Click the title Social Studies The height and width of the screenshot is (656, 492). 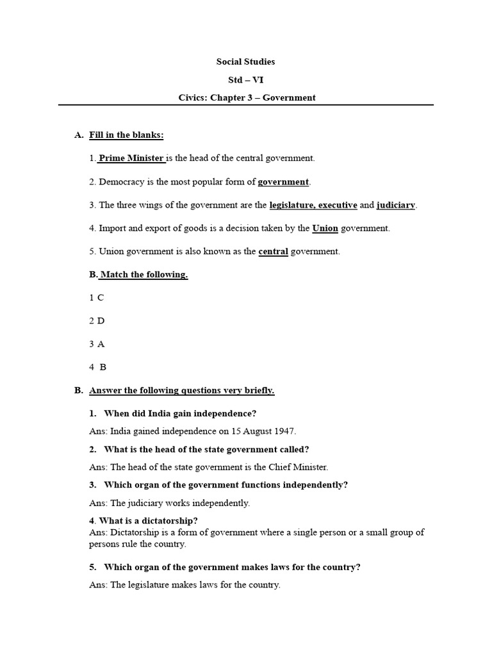[246, 62]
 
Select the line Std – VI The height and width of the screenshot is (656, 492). [246, 80]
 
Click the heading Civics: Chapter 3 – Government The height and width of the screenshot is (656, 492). [246, 98]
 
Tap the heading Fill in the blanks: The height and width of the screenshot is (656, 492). [126, 135]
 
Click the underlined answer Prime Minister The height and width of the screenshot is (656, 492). [131, 158]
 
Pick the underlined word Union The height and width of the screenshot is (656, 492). [325, 227]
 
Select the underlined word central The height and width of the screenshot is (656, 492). [273, 251]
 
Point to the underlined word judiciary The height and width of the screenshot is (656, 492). [396, 205]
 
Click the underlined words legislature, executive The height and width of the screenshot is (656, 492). [313, 205]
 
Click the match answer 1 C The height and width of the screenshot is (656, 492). [96, 298]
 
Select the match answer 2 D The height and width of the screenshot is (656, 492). [97, 321]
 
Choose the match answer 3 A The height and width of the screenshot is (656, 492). [97, 344]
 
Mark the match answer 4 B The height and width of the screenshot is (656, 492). [97, 367]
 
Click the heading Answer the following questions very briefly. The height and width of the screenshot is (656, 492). [182, 390]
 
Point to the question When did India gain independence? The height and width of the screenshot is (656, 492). [180, 413]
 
